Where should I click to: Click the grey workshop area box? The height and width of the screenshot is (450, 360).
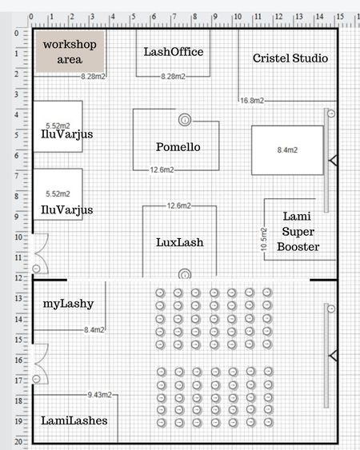click(70, 52)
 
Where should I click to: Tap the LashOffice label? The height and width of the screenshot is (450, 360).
click(174, 52)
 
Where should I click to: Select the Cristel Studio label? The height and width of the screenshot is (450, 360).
click(290, 58)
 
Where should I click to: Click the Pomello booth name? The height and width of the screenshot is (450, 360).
click(178, 147)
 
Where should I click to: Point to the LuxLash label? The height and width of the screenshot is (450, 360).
click(180, 242)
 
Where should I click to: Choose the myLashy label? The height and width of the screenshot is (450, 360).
click(68, 304)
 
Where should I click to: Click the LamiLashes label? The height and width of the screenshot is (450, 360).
click(74, 420)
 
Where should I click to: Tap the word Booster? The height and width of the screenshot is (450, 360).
click(298, 247)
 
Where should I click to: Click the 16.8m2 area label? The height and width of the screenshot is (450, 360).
click(252, 101)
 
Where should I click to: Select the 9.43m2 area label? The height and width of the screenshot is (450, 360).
click(100, 395)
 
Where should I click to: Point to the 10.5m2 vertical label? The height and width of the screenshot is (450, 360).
click(264, 239)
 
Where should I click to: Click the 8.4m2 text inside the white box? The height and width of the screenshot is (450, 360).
click(287, 149)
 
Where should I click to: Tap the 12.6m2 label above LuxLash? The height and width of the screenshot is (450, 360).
click(179, 205)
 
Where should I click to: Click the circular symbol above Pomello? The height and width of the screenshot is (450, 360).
click(185, 120)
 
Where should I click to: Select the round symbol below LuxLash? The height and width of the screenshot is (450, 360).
click(185, 274)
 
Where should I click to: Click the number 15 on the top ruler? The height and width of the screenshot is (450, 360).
click(340, 17)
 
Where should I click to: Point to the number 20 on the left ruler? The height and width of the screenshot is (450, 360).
click(18, 442)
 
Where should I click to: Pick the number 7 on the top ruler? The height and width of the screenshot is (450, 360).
click(174, 17)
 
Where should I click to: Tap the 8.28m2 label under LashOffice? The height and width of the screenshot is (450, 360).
click(173, 77)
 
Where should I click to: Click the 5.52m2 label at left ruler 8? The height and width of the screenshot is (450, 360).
click(58, 194)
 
